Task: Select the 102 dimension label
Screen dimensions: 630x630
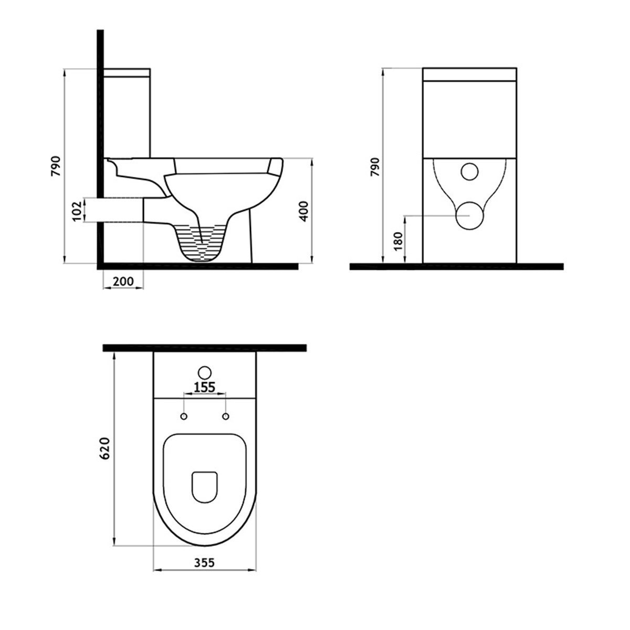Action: pos(77,211)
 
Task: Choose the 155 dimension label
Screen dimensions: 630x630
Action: pos(204,387)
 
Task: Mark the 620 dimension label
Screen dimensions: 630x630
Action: pos(105,448)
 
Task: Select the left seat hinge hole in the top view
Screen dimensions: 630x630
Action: pos(184,416)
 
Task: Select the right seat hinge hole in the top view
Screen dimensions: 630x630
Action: pos(226,416)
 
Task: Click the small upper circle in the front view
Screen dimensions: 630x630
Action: pos(469,171)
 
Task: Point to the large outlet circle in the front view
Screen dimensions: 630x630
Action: pos(469,215)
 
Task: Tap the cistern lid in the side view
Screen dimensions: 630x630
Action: pos(127,72)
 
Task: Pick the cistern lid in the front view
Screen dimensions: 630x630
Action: pos(469,74)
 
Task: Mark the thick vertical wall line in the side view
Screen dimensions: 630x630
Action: pos(100,131)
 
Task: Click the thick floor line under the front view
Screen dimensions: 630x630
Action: pos(457,266)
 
